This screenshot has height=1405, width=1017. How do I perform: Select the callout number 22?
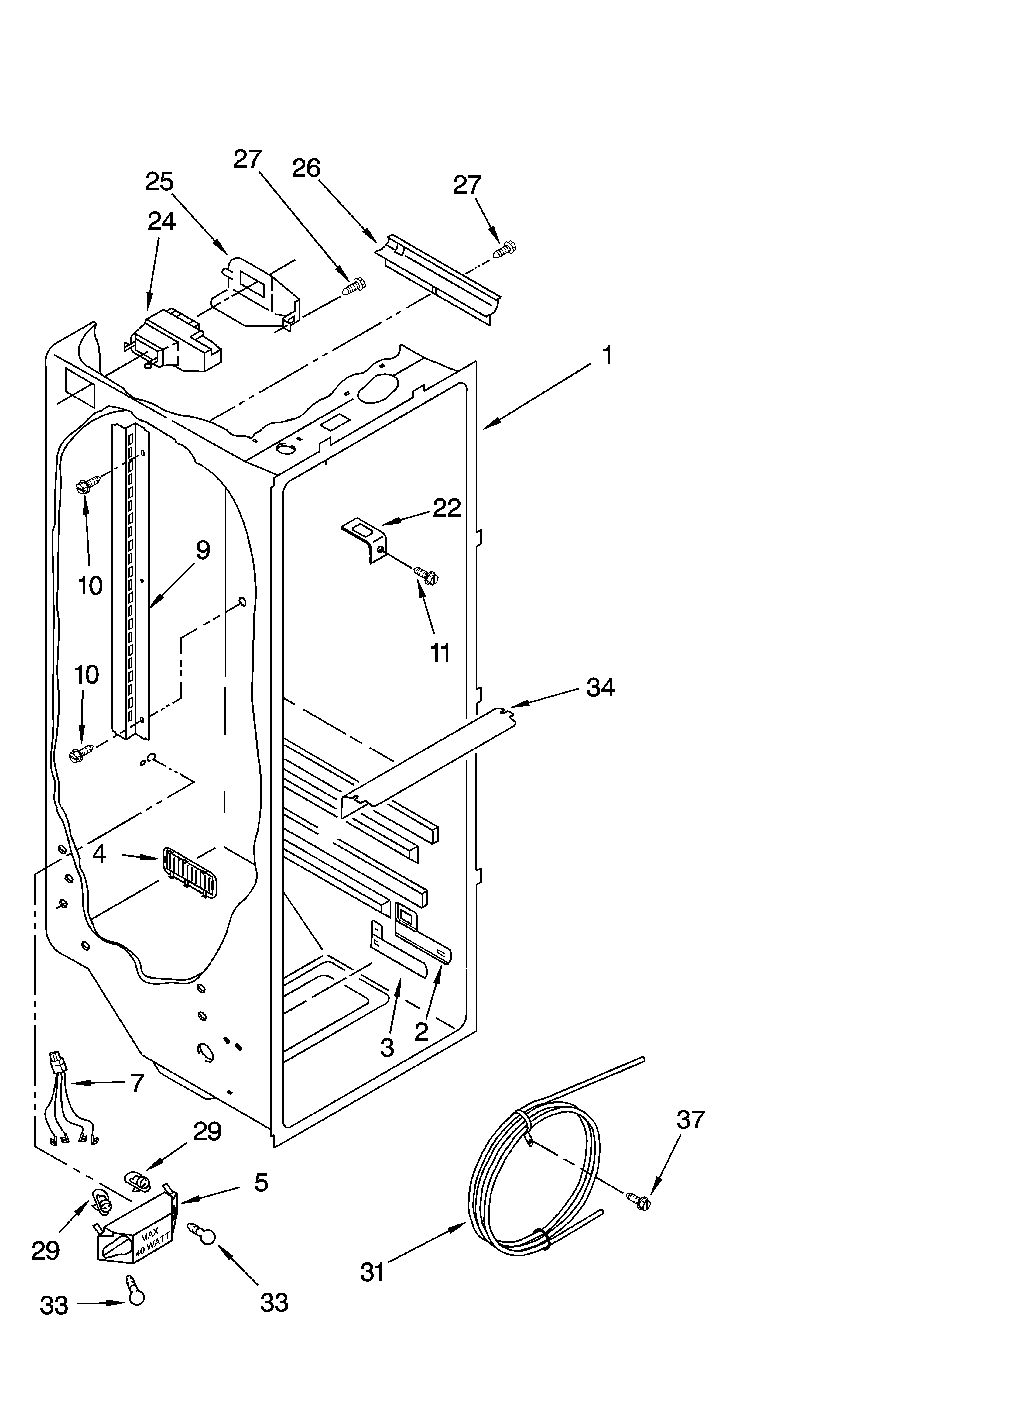click(447, 508)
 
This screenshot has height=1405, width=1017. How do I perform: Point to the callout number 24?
click(161, 221)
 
